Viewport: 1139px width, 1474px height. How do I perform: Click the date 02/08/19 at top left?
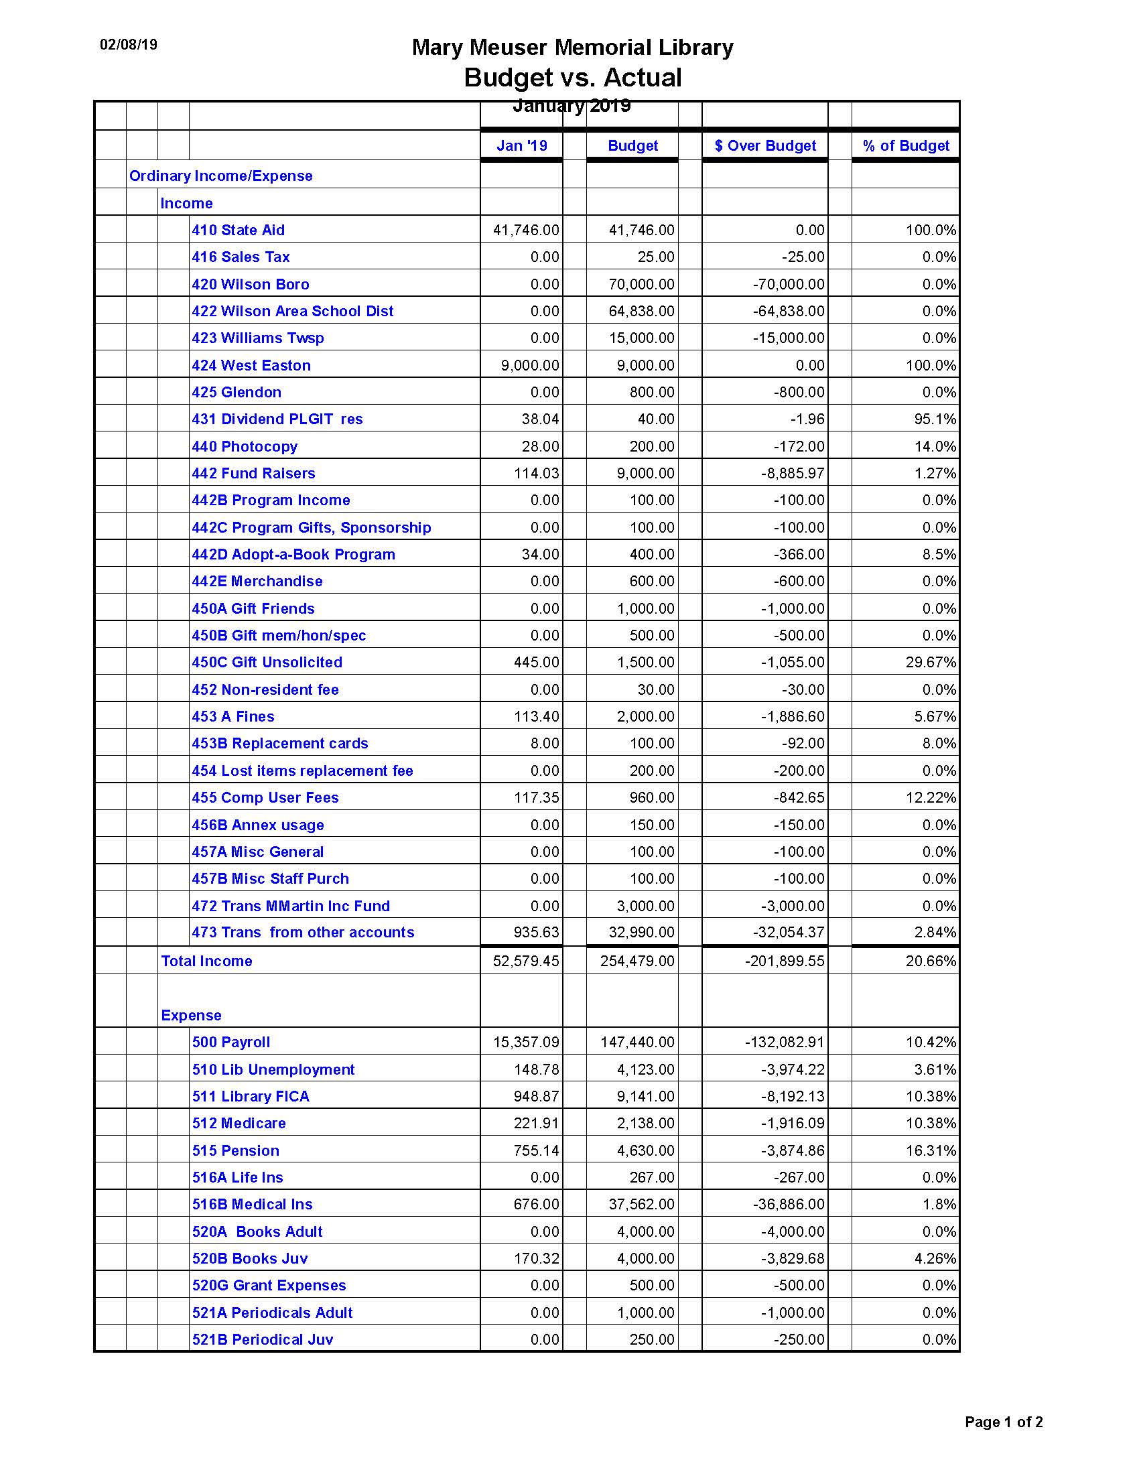pyautogui.click(x=128, y=44)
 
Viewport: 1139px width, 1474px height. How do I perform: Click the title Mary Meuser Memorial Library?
pyautogui.click(x=572, y=48)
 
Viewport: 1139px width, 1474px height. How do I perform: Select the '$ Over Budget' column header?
pyautogui.click(x=764, y=146)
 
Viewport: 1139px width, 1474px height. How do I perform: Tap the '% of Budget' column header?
pyautogui.click(x=906, y=146)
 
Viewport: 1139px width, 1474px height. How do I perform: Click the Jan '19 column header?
pyautogui.click(x=521, y=146)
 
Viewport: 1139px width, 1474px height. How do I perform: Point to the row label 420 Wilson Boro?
pyautogui.click(x=251, y=284)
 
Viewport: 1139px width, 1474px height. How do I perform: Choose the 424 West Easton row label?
pyautogui.click(x=251, y=365)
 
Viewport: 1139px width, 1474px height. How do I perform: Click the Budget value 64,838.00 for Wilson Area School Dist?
pyautogui.click(x=641, y=311)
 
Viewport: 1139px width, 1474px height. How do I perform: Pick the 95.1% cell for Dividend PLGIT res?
pyautogui.click(x=935, y=419)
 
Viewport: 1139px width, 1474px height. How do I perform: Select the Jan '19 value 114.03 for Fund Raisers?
pyautogui.click(x=537, y=473)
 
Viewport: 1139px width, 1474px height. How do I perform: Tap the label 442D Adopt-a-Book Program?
pyautogui.click(x=293, y=554)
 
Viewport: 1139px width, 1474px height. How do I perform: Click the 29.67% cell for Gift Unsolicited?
pyautogui.click(x=931, y=662)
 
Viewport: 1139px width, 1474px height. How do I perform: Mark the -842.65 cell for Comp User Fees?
pyautogui.click(x=799, y=797)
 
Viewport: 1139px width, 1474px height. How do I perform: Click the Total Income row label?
pyautogui.click(x=206, y=961)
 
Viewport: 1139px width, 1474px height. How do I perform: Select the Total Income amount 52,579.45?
pyautogui.click(x=526, y=961)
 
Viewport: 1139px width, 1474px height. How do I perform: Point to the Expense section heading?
pyautogui.click(x=191, y=1015)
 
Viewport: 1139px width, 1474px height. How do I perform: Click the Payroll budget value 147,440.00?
pyautogui.click(x=637, y=1042)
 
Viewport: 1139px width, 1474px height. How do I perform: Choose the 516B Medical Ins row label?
pyautogui.click(x=253, y=1204)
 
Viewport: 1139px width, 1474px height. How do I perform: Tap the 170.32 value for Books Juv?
pyautogui.click(x=537, y=1258)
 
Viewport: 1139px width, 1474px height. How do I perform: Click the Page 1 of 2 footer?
pyautogui.click(x=1004, y=1422)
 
